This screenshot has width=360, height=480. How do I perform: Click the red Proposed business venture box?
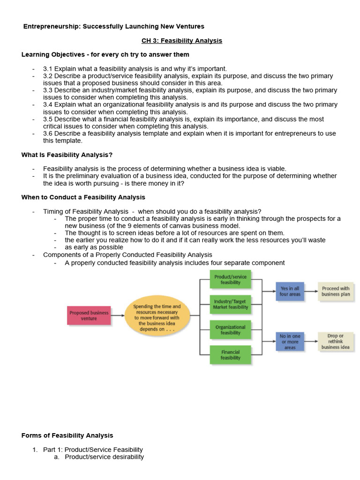click(x=89, y=315)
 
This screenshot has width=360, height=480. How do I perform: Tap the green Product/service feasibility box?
click(x=230, y=280)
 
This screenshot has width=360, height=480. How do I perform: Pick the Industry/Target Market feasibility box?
click(x=230, y=305)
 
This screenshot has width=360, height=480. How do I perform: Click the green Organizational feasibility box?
click(x=230, y=330)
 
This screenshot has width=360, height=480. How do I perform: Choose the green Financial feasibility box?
click(x=230, y=355)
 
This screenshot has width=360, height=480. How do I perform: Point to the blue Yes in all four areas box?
click(x=290, y=292)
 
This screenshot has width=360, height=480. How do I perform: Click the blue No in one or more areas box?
click(x=290, y=342)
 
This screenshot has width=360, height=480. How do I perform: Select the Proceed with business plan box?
click(x=336, y=292)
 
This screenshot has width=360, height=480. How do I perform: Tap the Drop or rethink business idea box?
click(x=336, y=342)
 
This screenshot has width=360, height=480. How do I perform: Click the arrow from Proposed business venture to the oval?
click(x=118, y=315)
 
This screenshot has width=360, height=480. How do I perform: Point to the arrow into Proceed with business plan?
click(x=311, y=291)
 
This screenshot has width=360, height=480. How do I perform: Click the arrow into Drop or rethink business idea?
click(x=311, y=341)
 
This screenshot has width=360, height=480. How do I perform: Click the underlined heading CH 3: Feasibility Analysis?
click(x=182, y=41)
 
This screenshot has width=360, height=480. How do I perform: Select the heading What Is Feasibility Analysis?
click(x=67, y=155)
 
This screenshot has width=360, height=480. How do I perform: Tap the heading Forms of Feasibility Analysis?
click(x=67, y=435)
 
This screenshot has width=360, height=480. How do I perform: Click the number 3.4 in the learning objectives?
click(x=48, y=105)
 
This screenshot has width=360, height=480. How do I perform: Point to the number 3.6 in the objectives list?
click(x=48, y=134)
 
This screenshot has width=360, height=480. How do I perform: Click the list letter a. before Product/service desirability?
click(x=57, y=457)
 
